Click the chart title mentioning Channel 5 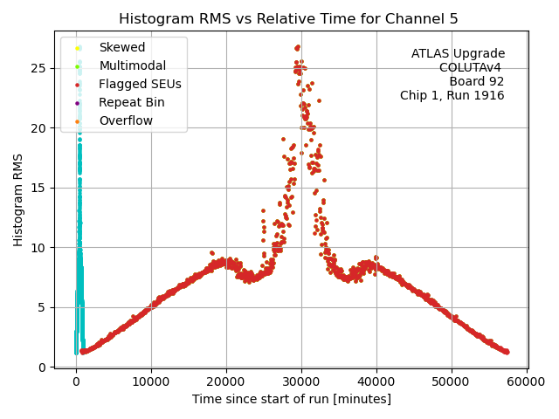tap(288, 18)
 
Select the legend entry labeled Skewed tap(122, 47)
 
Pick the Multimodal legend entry tap(128, 65)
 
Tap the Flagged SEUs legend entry tap(140, 84)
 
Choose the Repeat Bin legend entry tap(131, 102)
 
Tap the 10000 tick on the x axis tap(151, 382)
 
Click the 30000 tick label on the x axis tap(301, 382)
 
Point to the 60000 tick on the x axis tap(527, 382)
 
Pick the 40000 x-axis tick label tap(376, 382)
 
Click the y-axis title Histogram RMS tap(18, 199)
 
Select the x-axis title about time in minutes tap(292, 400)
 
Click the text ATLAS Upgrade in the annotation tap(458, 54)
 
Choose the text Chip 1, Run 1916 tap(452, 95)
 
